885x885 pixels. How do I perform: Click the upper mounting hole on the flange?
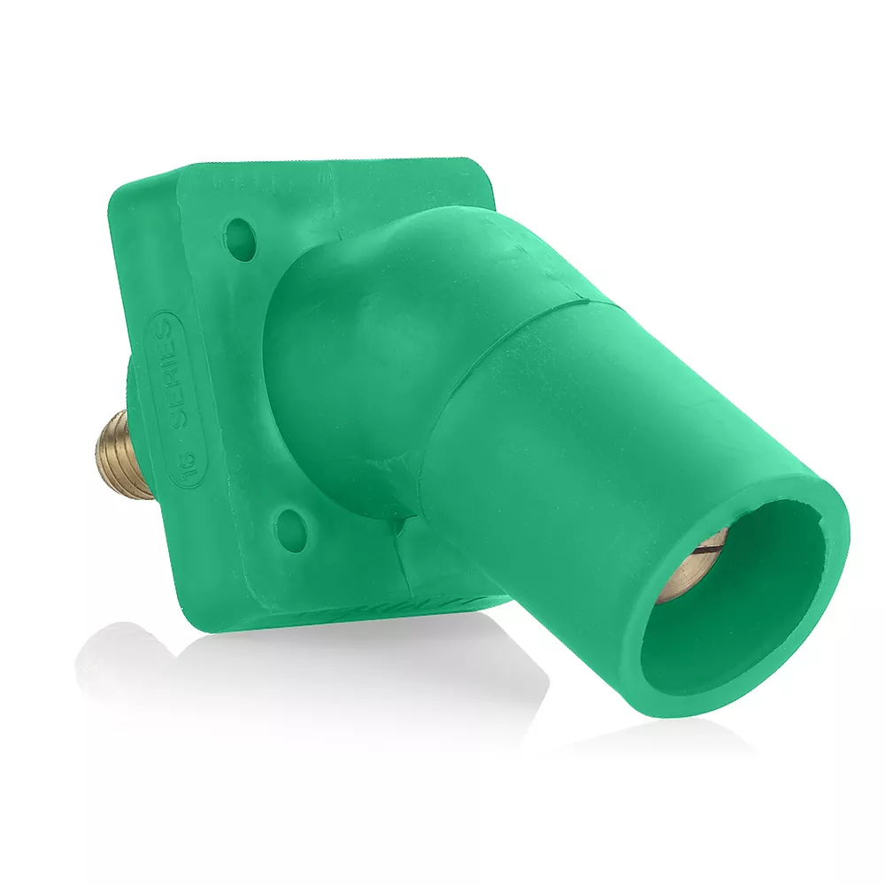point(240,235)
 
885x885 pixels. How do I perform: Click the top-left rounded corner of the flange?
point(133,181)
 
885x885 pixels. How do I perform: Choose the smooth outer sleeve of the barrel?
point(566,460)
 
